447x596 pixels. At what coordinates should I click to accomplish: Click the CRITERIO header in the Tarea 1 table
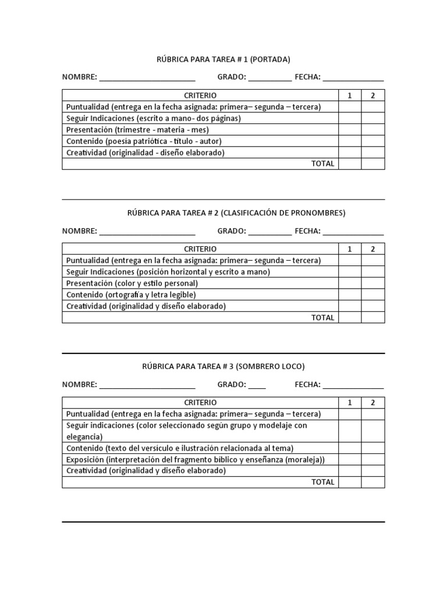200,95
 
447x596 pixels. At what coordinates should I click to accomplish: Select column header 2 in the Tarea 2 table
373,249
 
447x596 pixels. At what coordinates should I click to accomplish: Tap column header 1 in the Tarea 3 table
350,403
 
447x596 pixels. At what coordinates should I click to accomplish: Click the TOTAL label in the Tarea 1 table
323,164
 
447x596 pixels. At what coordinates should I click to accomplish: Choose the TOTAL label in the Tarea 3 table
323,482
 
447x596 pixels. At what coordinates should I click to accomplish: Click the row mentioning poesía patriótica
144,141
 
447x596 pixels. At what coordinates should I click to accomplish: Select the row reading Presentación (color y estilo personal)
132,283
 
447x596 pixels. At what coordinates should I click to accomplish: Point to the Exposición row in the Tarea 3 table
196,460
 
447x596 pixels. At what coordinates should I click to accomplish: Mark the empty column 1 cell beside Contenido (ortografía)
350,295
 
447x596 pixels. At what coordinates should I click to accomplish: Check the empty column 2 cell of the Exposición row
373,460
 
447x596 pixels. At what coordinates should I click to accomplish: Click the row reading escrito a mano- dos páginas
153,118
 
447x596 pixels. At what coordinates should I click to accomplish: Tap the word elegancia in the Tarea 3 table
84,437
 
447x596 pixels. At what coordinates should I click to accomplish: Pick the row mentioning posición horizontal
168,272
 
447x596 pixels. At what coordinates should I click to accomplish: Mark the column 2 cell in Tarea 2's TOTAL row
373,318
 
